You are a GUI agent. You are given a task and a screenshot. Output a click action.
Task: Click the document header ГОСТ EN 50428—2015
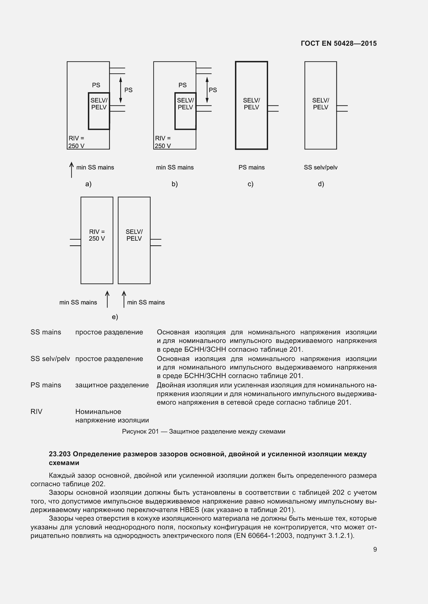339,43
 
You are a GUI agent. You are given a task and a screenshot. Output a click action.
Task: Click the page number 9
375,549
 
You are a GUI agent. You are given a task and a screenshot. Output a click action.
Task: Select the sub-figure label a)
88,184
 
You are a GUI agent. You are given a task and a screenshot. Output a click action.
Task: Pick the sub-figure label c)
250,184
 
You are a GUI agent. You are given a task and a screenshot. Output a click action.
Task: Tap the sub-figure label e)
115,317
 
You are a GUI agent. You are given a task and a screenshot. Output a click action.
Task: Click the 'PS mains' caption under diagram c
252,167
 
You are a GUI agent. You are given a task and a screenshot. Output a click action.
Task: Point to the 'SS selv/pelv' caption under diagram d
320,167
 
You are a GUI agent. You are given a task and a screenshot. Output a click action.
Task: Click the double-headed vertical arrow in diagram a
120,90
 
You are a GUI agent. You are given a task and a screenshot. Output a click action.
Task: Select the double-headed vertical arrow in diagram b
207,90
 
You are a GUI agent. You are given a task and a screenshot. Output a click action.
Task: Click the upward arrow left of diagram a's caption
71,170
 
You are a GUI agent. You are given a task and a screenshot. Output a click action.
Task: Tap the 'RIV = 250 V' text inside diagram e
97,235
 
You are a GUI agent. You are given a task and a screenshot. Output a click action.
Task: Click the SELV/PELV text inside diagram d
320,104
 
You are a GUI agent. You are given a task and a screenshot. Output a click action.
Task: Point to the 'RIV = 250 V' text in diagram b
163,142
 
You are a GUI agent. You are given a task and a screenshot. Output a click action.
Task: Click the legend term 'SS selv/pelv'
50,359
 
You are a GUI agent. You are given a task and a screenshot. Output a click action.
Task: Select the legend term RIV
36,412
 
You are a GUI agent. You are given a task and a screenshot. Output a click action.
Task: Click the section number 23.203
60,454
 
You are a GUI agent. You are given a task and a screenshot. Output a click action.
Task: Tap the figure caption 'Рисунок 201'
140,432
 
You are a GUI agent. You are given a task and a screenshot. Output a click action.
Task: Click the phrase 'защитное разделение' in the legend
112,385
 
